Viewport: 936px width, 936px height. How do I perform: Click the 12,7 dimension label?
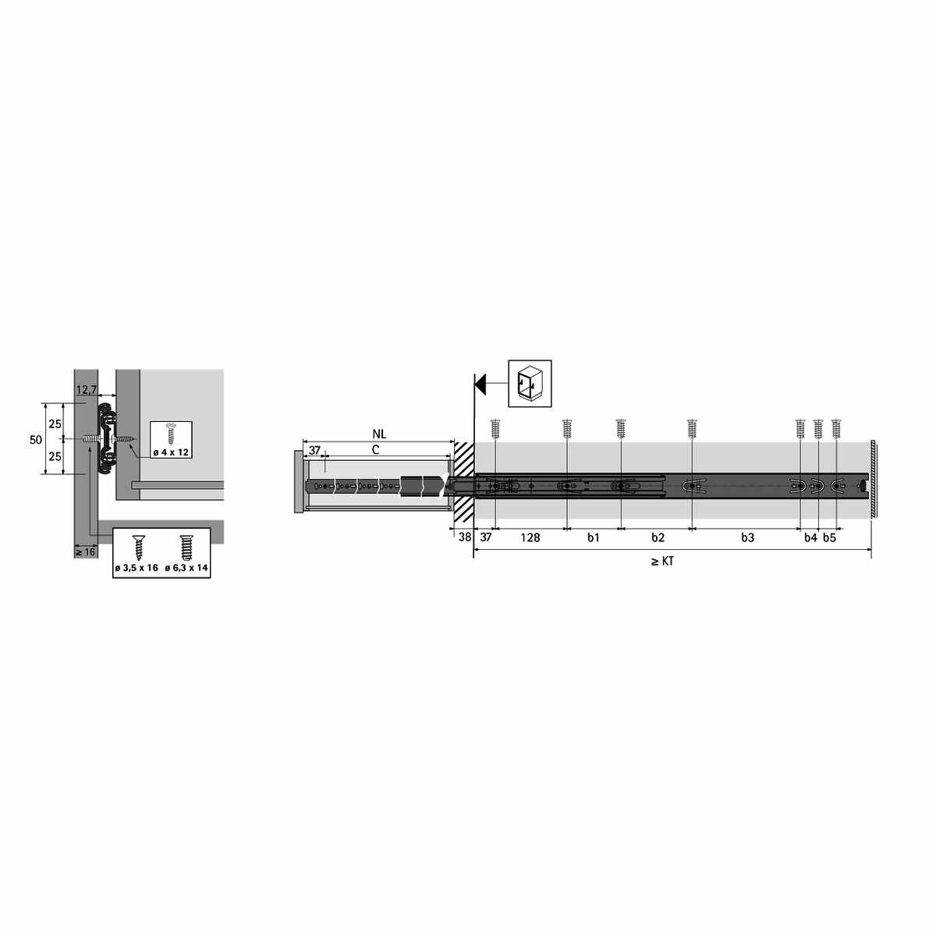(x=86, y=389)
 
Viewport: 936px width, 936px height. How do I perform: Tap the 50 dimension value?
(x=35, y=440)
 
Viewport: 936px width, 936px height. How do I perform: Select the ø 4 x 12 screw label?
(x=171, y=452)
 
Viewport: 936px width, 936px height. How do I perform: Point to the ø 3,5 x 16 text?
(x=137, y=567)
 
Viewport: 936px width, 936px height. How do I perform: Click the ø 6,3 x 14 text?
(x=186, y=567)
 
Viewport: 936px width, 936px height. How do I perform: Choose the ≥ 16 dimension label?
(x=85, y=551)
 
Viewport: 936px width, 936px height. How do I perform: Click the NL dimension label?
(x=379, y=434)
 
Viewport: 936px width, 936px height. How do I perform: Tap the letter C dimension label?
(x=375, y=450)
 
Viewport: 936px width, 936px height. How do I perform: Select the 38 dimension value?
(x=465, y=537)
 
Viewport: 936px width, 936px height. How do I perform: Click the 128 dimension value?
(x=530, y=537)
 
